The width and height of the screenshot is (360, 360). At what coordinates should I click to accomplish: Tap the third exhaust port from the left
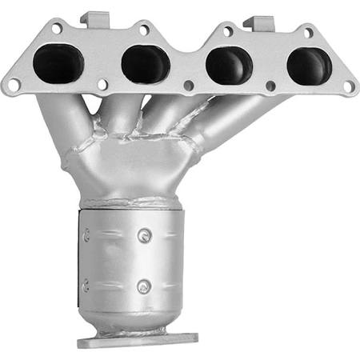point(227,65)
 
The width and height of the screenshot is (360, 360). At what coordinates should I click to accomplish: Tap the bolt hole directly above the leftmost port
point(56,28)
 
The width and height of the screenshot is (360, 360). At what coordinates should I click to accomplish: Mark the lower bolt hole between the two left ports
point(103,83)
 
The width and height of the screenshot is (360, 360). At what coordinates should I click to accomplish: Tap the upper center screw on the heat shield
point(144,235)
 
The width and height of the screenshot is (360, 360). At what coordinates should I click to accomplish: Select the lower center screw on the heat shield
point(143,286)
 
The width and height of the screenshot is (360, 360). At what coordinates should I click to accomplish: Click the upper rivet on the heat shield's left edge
point(86,235)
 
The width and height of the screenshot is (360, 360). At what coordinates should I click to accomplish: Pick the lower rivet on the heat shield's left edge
point(86,282)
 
